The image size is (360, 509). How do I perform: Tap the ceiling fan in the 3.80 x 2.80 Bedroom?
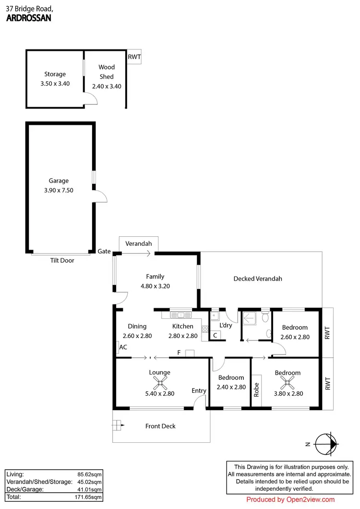[288, 383]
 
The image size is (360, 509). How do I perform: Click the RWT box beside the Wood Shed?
[134, 57]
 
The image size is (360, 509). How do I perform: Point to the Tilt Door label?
[62, 261]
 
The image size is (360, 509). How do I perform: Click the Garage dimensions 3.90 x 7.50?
[59, 190]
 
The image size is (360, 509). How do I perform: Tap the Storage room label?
[55, 74]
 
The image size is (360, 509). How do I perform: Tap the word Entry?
[199, 391]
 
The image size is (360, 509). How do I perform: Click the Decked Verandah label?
[258, 279]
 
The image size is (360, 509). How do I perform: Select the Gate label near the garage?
[104, 251]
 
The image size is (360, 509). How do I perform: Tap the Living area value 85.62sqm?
[91, 474]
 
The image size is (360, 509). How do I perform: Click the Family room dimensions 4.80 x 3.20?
[155, 286]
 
